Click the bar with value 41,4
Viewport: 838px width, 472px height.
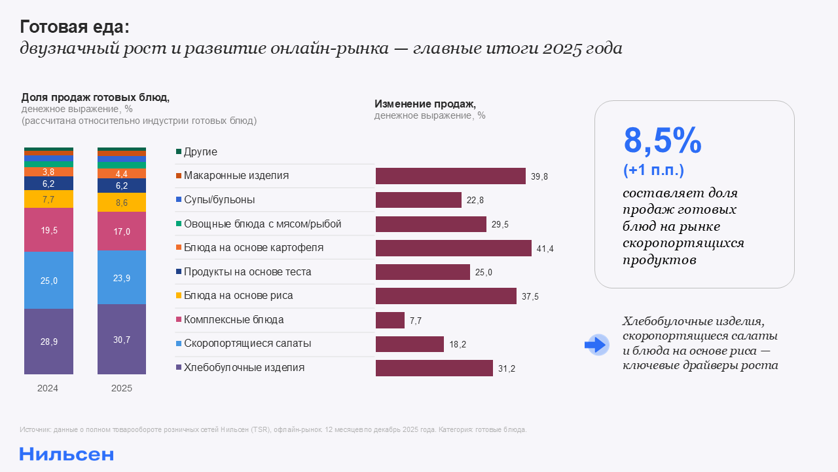453,248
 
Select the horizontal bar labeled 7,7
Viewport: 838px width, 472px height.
390,320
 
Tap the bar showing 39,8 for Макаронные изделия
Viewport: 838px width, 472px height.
450,176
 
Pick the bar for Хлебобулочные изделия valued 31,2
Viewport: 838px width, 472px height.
434,368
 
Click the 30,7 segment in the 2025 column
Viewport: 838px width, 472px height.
122,340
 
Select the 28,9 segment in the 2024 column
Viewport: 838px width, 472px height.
48,342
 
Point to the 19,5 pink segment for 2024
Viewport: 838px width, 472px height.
48,229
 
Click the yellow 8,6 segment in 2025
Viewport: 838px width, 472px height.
122,203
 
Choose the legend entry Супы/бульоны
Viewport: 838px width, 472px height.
219,200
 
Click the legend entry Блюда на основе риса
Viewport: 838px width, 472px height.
238,296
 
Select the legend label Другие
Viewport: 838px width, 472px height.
200,152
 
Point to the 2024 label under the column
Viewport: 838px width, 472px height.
48,388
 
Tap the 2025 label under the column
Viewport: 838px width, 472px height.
122,388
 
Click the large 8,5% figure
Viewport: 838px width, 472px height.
662,140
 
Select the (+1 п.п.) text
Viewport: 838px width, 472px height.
653,170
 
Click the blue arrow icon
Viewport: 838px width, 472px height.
596,344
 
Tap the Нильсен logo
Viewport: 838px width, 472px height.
66,454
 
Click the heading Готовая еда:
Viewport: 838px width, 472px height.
75,27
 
